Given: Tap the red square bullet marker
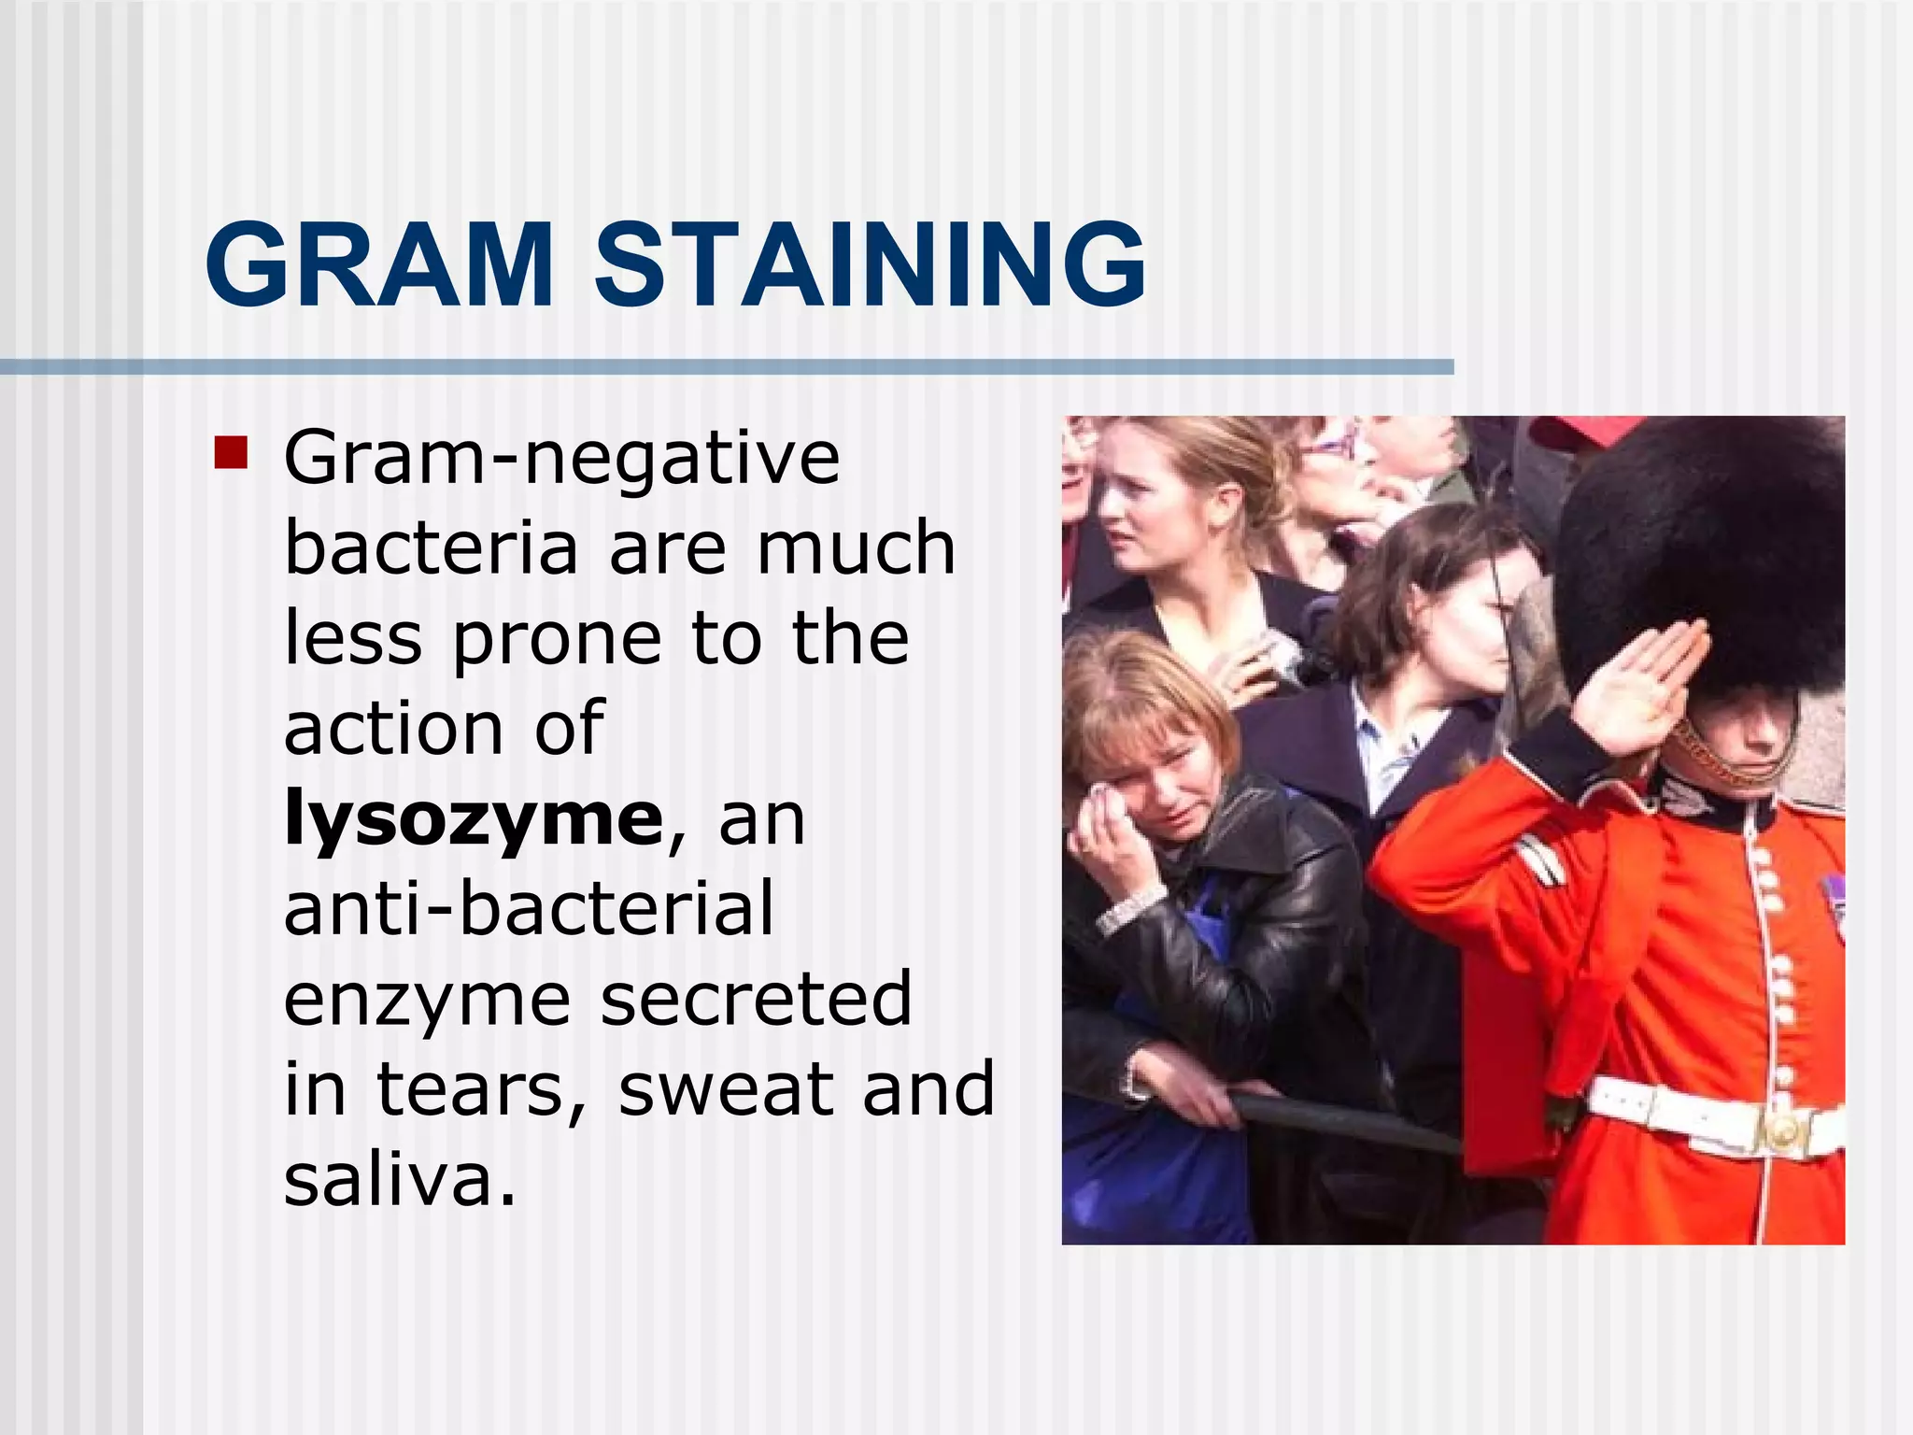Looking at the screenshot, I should coord(230,452).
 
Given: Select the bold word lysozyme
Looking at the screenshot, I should coord(473,818).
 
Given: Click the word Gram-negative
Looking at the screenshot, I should coord(561,458).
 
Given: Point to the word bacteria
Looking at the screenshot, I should coord(431,548).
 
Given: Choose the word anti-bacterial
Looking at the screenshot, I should coord(529,908).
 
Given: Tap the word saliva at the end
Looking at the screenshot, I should coord(398,1179).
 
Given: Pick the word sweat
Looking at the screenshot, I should coord(724,1089).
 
